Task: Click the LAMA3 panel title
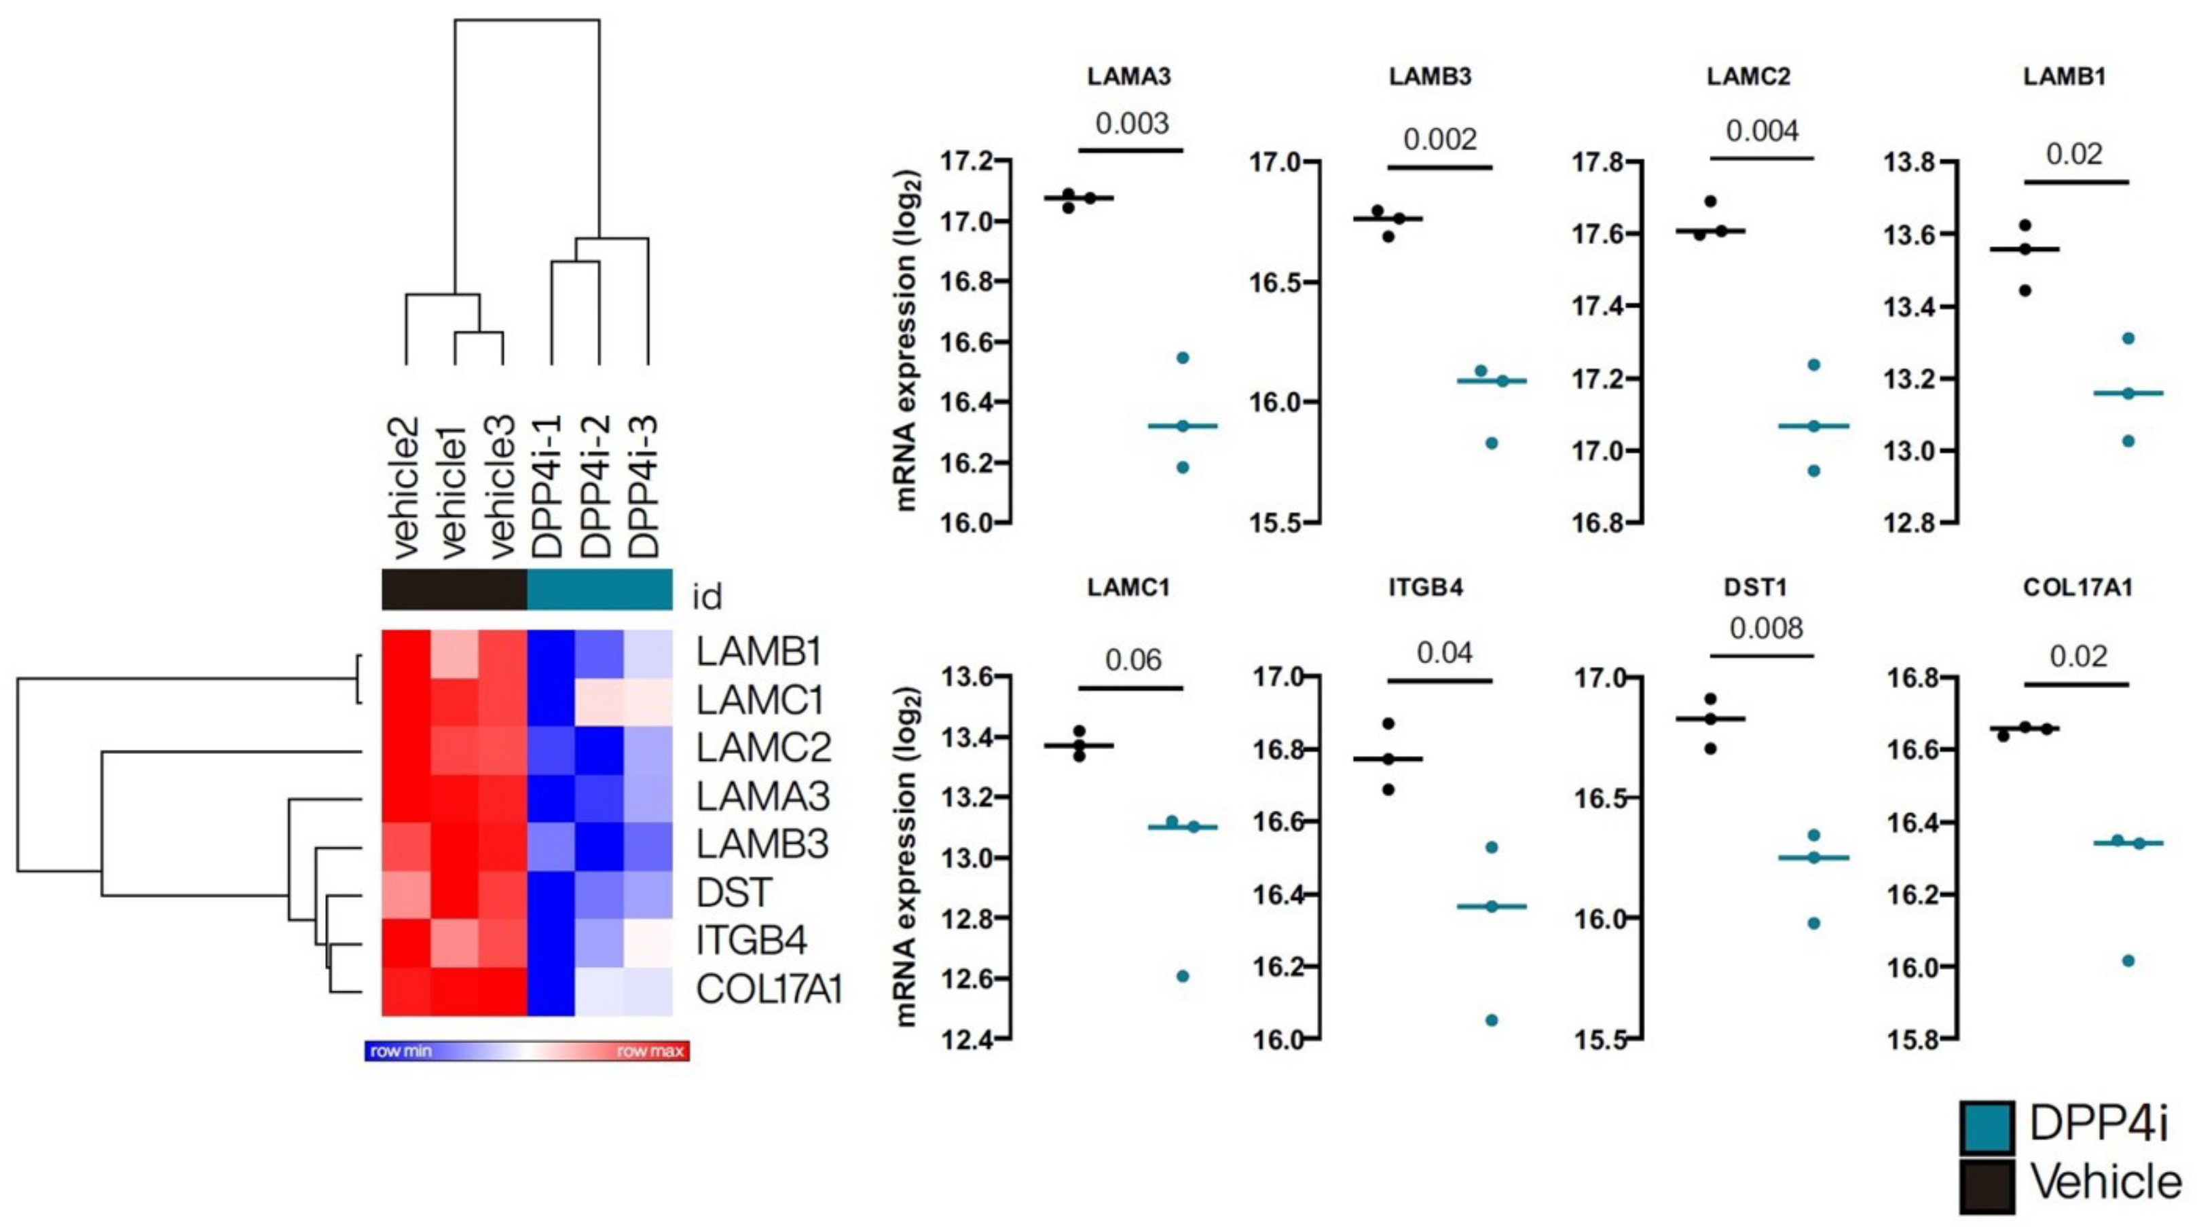pos(1128,77)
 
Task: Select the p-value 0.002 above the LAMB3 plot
pos(1439,139)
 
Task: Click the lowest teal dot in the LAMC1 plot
pos(1183,977)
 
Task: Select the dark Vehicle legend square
pos(1987,1185)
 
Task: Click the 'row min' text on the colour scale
pos(401,1051)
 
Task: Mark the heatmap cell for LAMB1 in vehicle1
pos(455,653)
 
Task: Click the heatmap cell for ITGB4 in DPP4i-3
pos(648,942)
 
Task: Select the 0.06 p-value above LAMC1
pos(1132,660)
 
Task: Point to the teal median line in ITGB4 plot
pos(1492,907)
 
